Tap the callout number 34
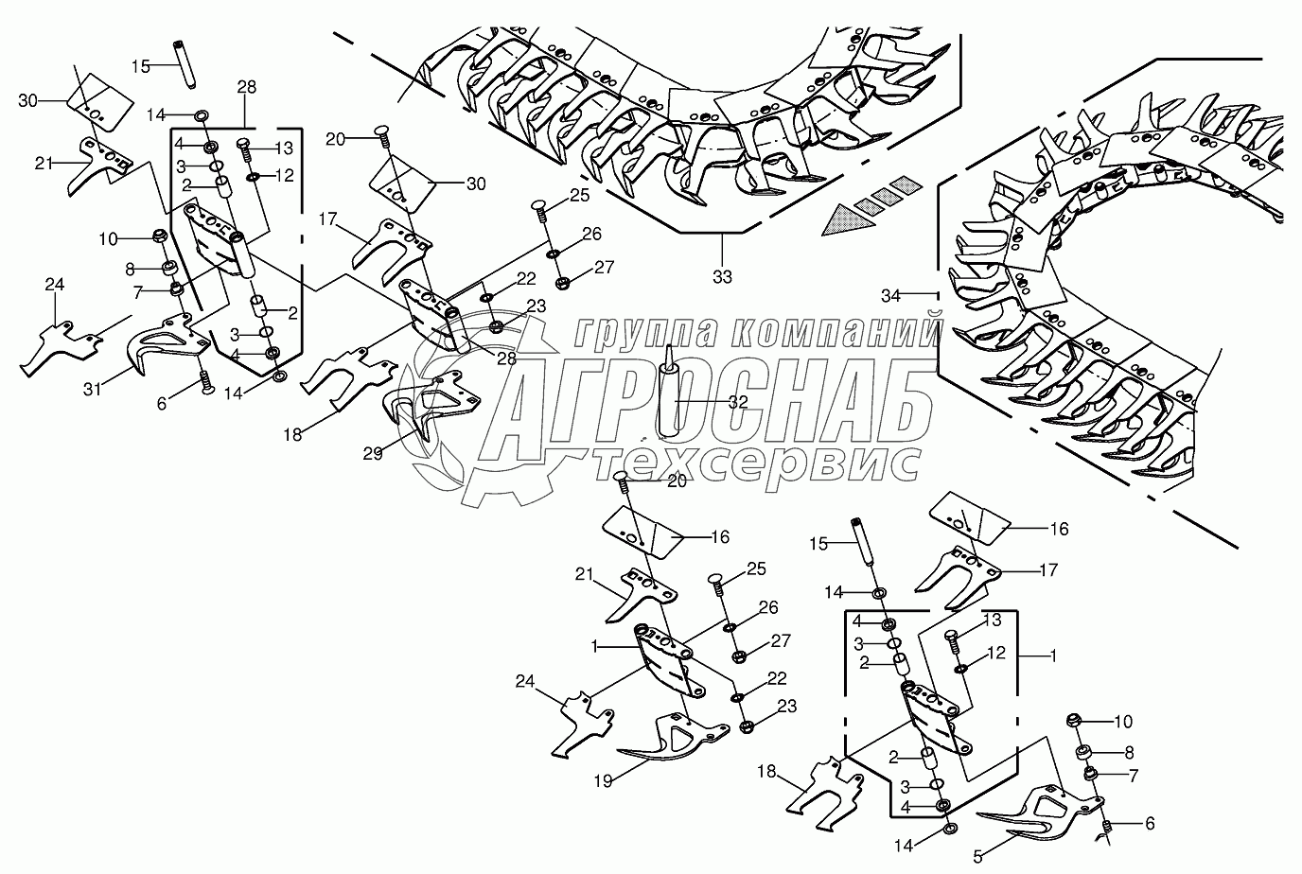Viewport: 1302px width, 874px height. [892, 296]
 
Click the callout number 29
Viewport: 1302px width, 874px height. [373, 454]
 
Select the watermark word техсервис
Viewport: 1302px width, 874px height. [756, 462]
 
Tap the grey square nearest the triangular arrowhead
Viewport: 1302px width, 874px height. [867, 201]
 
